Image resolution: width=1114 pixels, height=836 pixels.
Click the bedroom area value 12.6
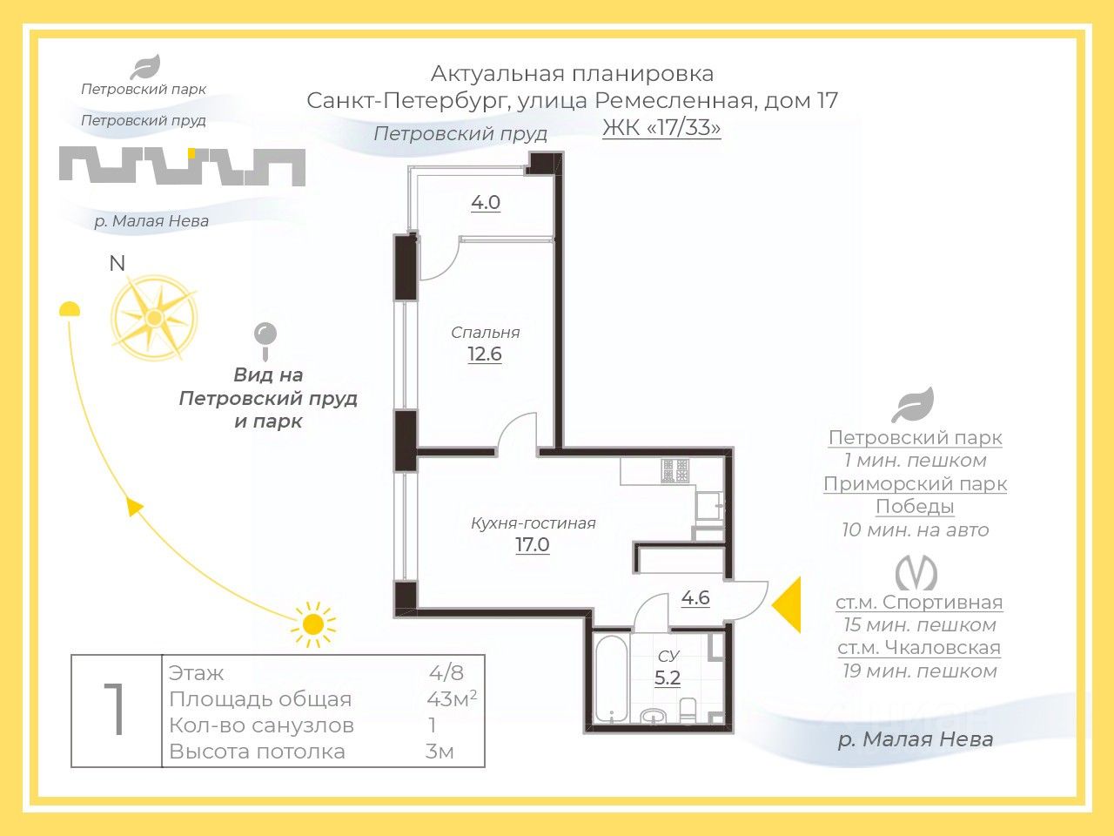[x=485, y=354]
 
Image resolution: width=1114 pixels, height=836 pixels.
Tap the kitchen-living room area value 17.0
[x=533, y=544]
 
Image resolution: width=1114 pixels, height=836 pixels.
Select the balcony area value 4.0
[x=486, y=203]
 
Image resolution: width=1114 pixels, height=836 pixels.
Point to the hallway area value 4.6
[x=695, y=597]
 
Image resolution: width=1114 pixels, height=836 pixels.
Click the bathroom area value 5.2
[x=668, y=678]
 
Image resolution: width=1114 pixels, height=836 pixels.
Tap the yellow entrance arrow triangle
[x=786, y=605]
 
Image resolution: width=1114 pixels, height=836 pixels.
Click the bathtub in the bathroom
[x=612, y=678]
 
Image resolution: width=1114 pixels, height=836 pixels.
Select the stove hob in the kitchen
[x=675, y=470]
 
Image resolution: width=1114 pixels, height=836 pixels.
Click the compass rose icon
[x=154, y=318]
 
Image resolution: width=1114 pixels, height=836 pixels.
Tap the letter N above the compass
[x=117, y=264]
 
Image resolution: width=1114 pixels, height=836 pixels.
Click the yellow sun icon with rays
[x=313, y=624]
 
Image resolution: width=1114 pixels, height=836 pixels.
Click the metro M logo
[x=916, y=572]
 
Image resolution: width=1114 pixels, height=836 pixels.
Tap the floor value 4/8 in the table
[x=446, y=673]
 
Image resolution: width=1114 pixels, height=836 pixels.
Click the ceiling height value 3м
[x=440, y=752]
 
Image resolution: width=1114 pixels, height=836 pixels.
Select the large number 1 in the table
[x=116, y=709]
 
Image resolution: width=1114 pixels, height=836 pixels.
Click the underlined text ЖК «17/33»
[x=661, y=128]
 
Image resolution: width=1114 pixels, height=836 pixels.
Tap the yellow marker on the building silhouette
[x=191, y=152]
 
